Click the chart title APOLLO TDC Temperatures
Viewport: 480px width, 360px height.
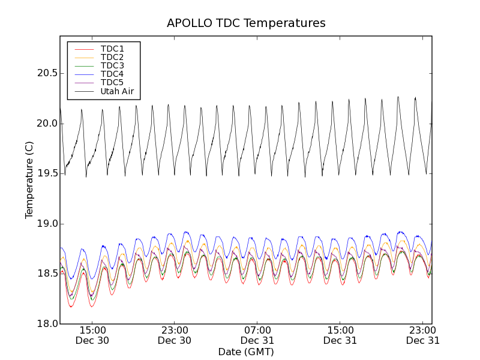click(246, 23)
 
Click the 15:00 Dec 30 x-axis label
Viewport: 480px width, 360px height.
click(92, 335)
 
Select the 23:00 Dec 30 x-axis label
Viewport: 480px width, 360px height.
click(175, 335)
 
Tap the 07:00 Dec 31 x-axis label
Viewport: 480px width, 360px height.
click(258, 335)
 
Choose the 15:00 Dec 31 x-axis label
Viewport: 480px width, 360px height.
click(340, 335)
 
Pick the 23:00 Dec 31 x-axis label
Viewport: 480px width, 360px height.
click(423, 335)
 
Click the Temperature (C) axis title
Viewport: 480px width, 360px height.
click(29, 180)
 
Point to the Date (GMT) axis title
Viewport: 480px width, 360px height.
click(246, 352)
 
